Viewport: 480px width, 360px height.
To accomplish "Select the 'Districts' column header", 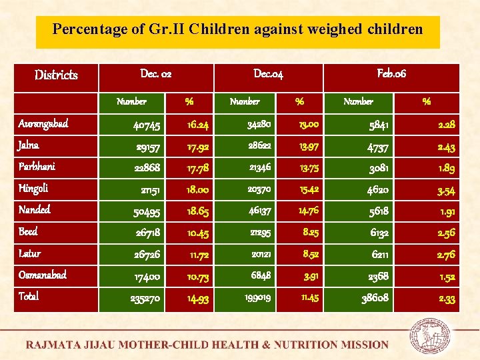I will [x=56, y=75].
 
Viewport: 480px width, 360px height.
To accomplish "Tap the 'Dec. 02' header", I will [x=156, y=73].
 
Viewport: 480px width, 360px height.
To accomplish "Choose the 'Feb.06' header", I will [x=391, y=73].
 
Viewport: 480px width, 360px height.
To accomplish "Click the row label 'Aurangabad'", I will [x=43, y=124].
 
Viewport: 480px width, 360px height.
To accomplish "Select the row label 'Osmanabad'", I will [x=42, y=275].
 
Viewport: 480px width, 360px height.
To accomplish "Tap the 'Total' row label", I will [x=28, y=297].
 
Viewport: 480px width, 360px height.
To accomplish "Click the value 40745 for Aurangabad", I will [x=146, y=125].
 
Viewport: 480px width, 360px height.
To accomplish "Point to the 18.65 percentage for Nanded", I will [x=198, y=212].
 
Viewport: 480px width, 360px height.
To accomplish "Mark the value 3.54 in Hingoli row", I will [x=446, y=191].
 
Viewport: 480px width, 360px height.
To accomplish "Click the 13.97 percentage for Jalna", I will [x=307, y=147].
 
